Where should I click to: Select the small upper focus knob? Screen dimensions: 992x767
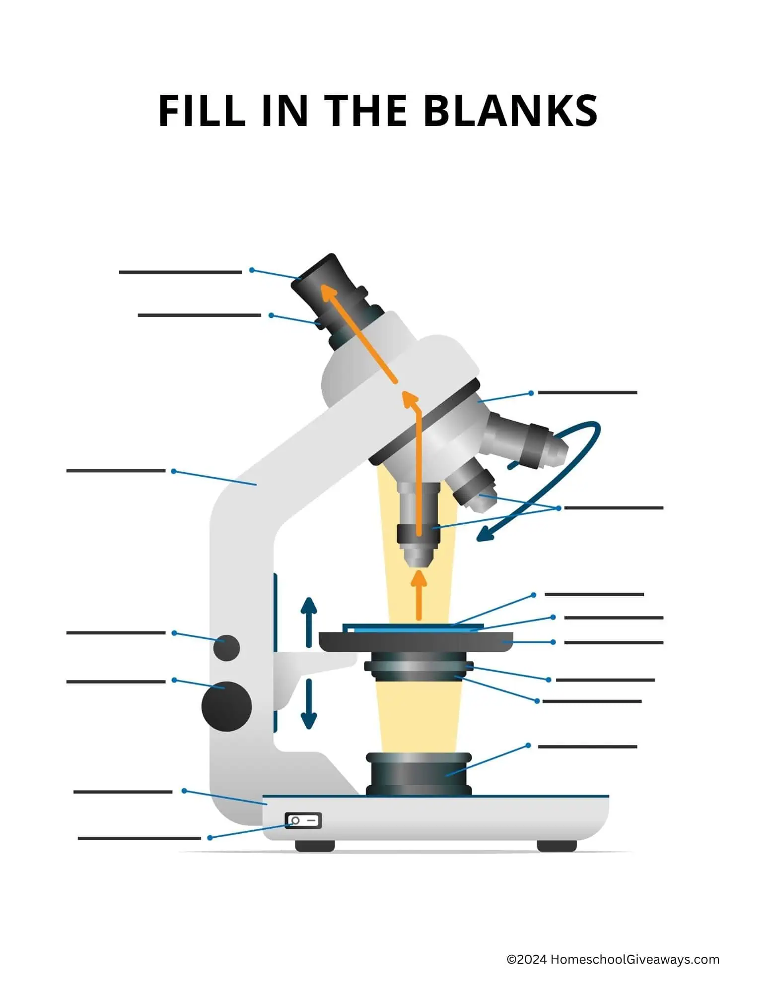(x=226, y=647)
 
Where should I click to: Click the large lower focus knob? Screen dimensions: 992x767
(x=226, y=706)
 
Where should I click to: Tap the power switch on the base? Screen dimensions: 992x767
(x=303, y=821)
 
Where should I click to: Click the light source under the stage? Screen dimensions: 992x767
(x=418, y=774)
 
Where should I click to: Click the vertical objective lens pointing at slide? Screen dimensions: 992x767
(x=418, y=531)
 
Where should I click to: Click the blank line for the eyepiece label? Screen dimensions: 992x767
(x=180, y=272)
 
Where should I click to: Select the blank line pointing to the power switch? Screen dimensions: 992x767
(x=139, y=838)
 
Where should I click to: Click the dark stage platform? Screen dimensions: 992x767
(x=416, y=641)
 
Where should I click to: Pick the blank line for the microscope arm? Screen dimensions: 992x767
(x=116, y=471)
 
